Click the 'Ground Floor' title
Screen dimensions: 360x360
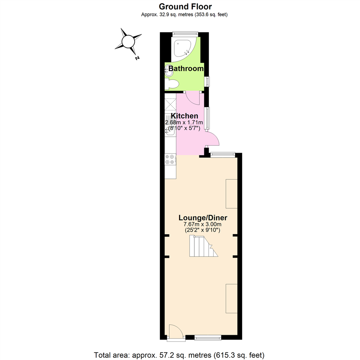click(x=185, y=6)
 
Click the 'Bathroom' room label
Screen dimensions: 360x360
click(x=186, y=69)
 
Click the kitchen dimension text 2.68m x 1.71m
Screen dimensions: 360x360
click(x=184, y=122)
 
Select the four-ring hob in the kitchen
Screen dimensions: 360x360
click(x=170, y=159)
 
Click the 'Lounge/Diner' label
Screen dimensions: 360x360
click(x=203, y=218)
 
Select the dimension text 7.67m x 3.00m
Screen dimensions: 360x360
click(x=203, y=224)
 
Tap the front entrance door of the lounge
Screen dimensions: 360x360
click(x=176, y=332)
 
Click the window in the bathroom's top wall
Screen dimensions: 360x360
click(x=185, y=34)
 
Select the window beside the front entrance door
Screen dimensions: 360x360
click(x=208, y=338)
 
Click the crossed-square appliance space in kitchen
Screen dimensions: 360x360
click(x=171, y=104)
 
